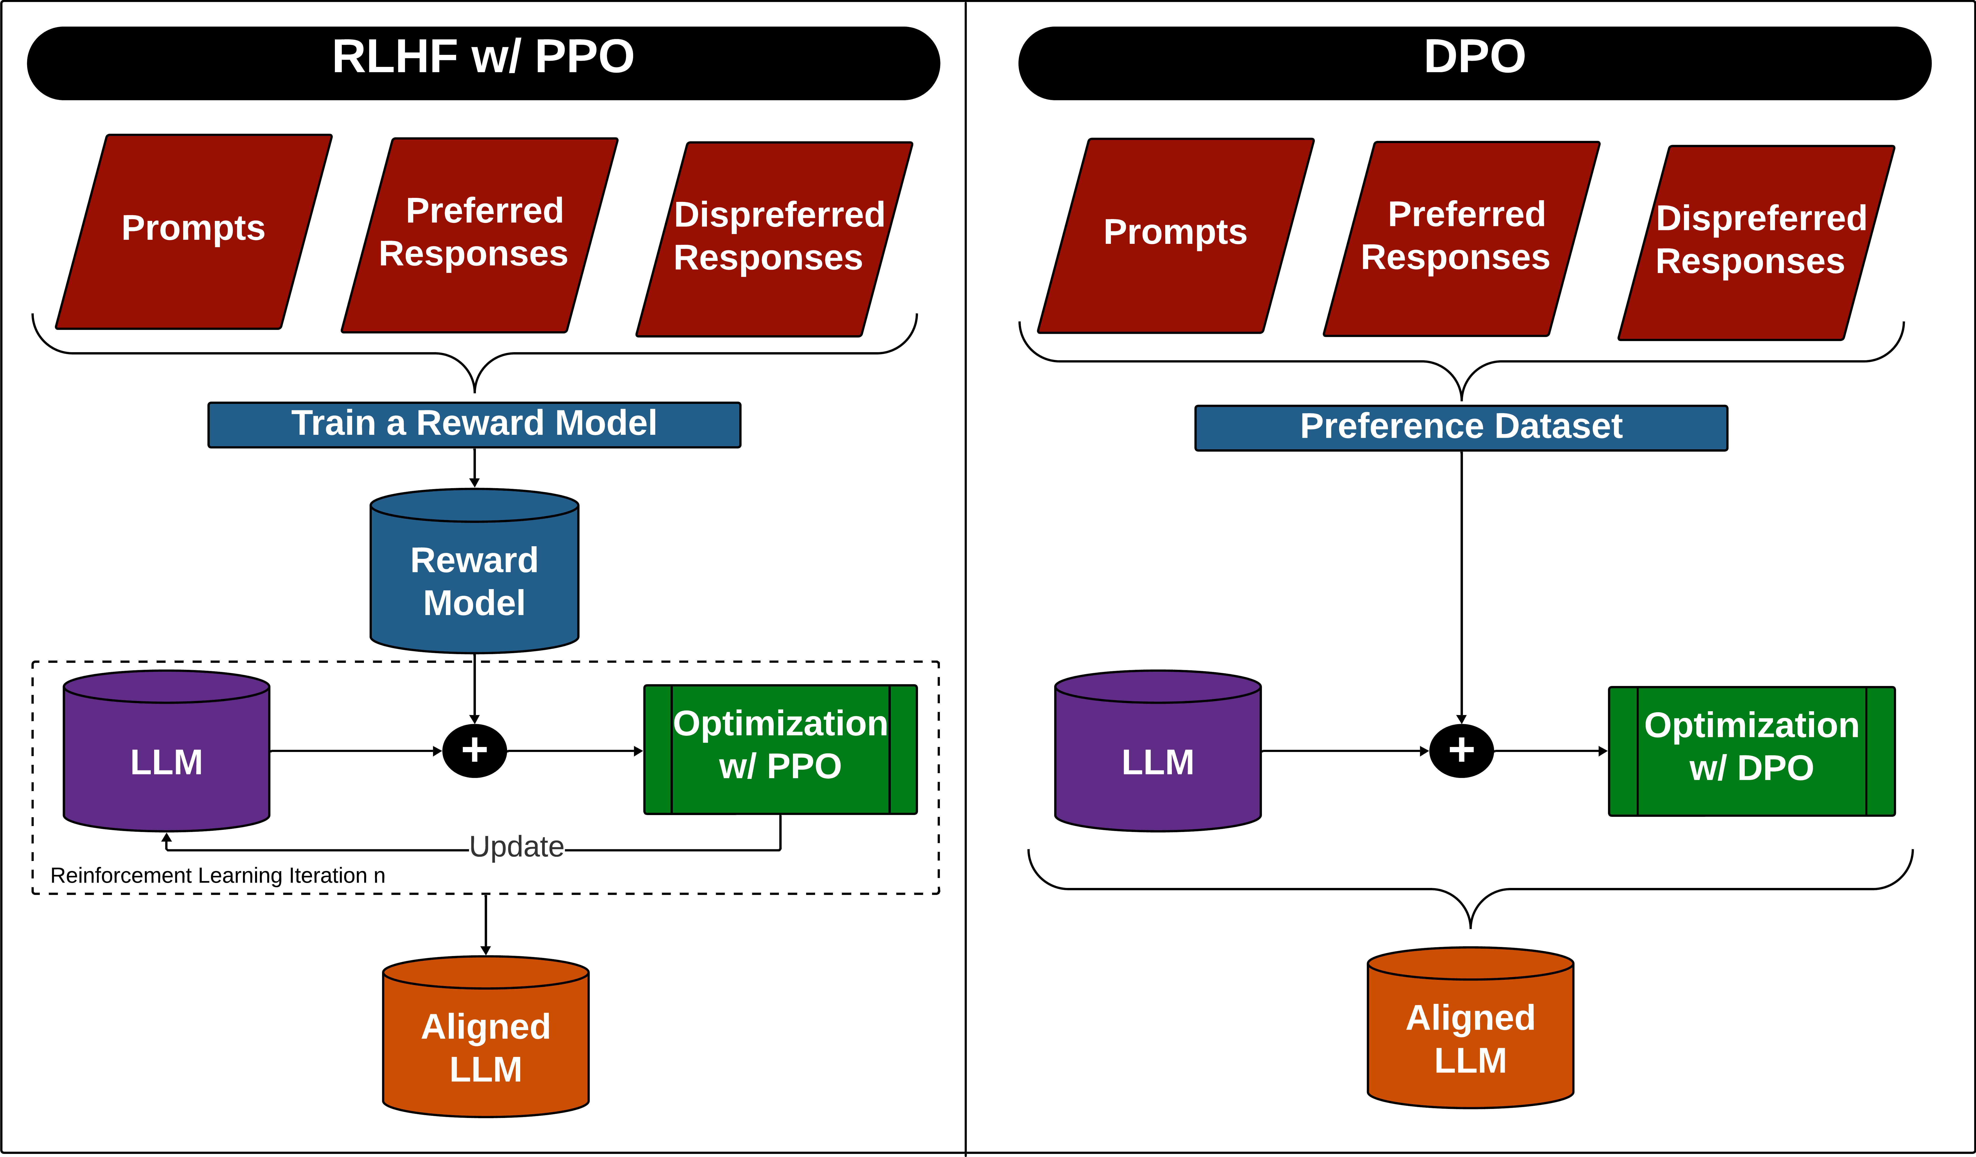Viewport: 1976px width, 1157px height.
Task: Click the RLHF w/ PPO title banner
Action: [483, 63]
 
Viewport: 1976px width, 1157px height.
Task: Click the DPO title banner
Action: [1474, 63]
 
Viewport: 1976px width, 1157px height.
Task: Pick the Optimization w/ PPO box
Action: [780, 749]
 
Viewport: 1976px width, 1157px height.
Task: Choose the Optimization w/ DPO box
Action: [1751, 751]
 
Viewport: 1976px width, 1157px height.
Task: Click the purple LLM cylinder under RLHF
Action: [166, 760]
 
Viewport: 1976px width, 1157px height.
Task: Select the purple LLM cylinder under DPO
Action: [1157, 760]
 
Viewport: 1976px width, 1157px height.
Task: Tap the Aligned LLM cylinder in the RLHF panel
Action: [485, 1047]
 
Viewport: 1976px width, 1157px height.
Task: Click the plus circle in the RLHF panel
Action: [474, 750]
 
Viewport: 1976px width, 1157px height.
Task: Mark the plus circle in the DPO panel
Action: [1461, 750]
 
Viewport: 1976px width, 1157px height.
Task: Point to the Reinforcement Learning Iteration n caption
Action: [217, 876]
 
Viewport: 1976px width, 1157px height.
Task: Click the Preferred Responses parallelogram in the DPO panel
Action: [1461, 237]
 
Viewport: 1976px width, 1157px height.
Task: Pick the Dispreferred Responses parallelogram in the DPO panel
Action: [1756, 241]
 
